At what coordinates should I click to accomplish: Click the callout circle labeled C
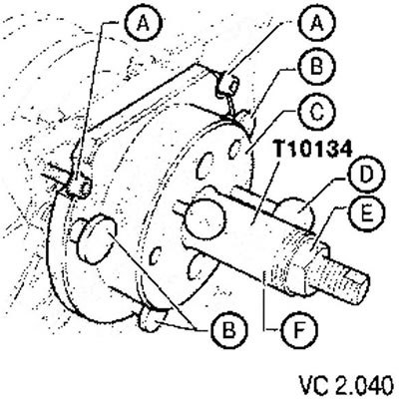[x=316, y=113]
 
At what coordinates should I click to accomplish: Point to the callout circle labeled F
[x=298, y=328]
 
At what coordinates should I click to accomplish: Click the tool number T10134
[x=312, y=150]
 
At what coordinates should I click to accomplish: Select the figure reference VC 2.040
[x=346, y=384]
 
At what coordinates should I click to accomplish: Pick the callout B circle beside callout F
[x=228, y=330]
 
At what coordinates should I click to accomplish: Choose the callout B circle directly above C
[x=316, y=68]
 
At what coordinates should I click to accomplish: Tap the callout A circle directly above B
[x=317, y=24]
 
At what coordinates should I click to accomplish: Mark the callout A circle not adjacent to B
[x=144, y=24]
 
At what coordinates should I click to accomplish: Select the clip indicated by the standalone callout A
[x=79, y=187]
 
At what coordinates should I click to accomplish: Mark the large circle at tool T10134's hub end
[x=205, y=217]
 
